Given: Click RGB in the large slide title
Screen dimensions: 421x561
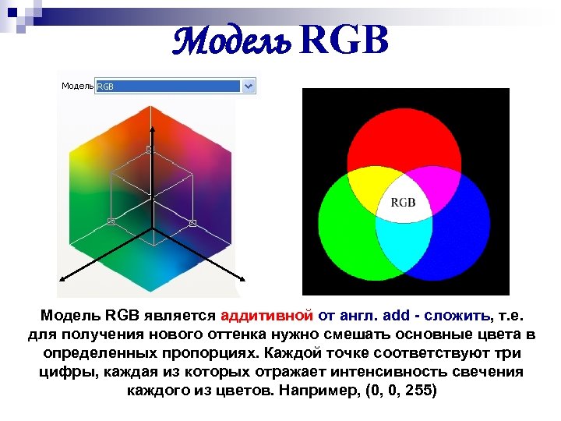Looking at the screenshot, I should (x=342, y=41).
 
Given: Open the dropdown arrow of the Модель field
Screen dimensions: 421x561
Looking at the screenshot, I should (x=249, y=86).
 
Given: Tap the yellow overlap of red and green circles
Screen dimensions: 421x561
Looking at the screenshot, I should (x=368, y=186).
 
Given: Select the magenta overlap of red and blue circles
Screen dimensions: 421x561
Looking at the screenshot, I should (x=436, y=186).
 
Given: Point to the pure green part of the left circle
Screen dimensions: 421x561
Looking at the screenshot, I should (x=347, y=234).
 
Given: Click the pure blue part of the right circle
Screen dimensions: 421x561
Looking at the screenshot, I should (x=460, y=234).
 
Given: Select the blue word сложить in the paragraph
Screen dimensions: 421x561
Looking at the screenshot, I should (x=464, y=315).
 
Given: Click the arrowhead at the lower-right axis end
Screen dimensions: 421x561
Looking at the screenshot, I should (x=245, y=278).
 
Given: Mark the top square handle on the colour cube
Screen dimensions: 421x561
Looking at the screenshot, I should (x=150, y=148).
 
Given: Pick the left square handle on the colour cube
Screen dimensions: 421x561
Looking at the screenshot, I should (x=111, y=222).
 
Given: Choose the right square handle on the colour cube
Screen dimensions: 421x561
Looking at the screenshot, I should (x=192, y=223).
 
